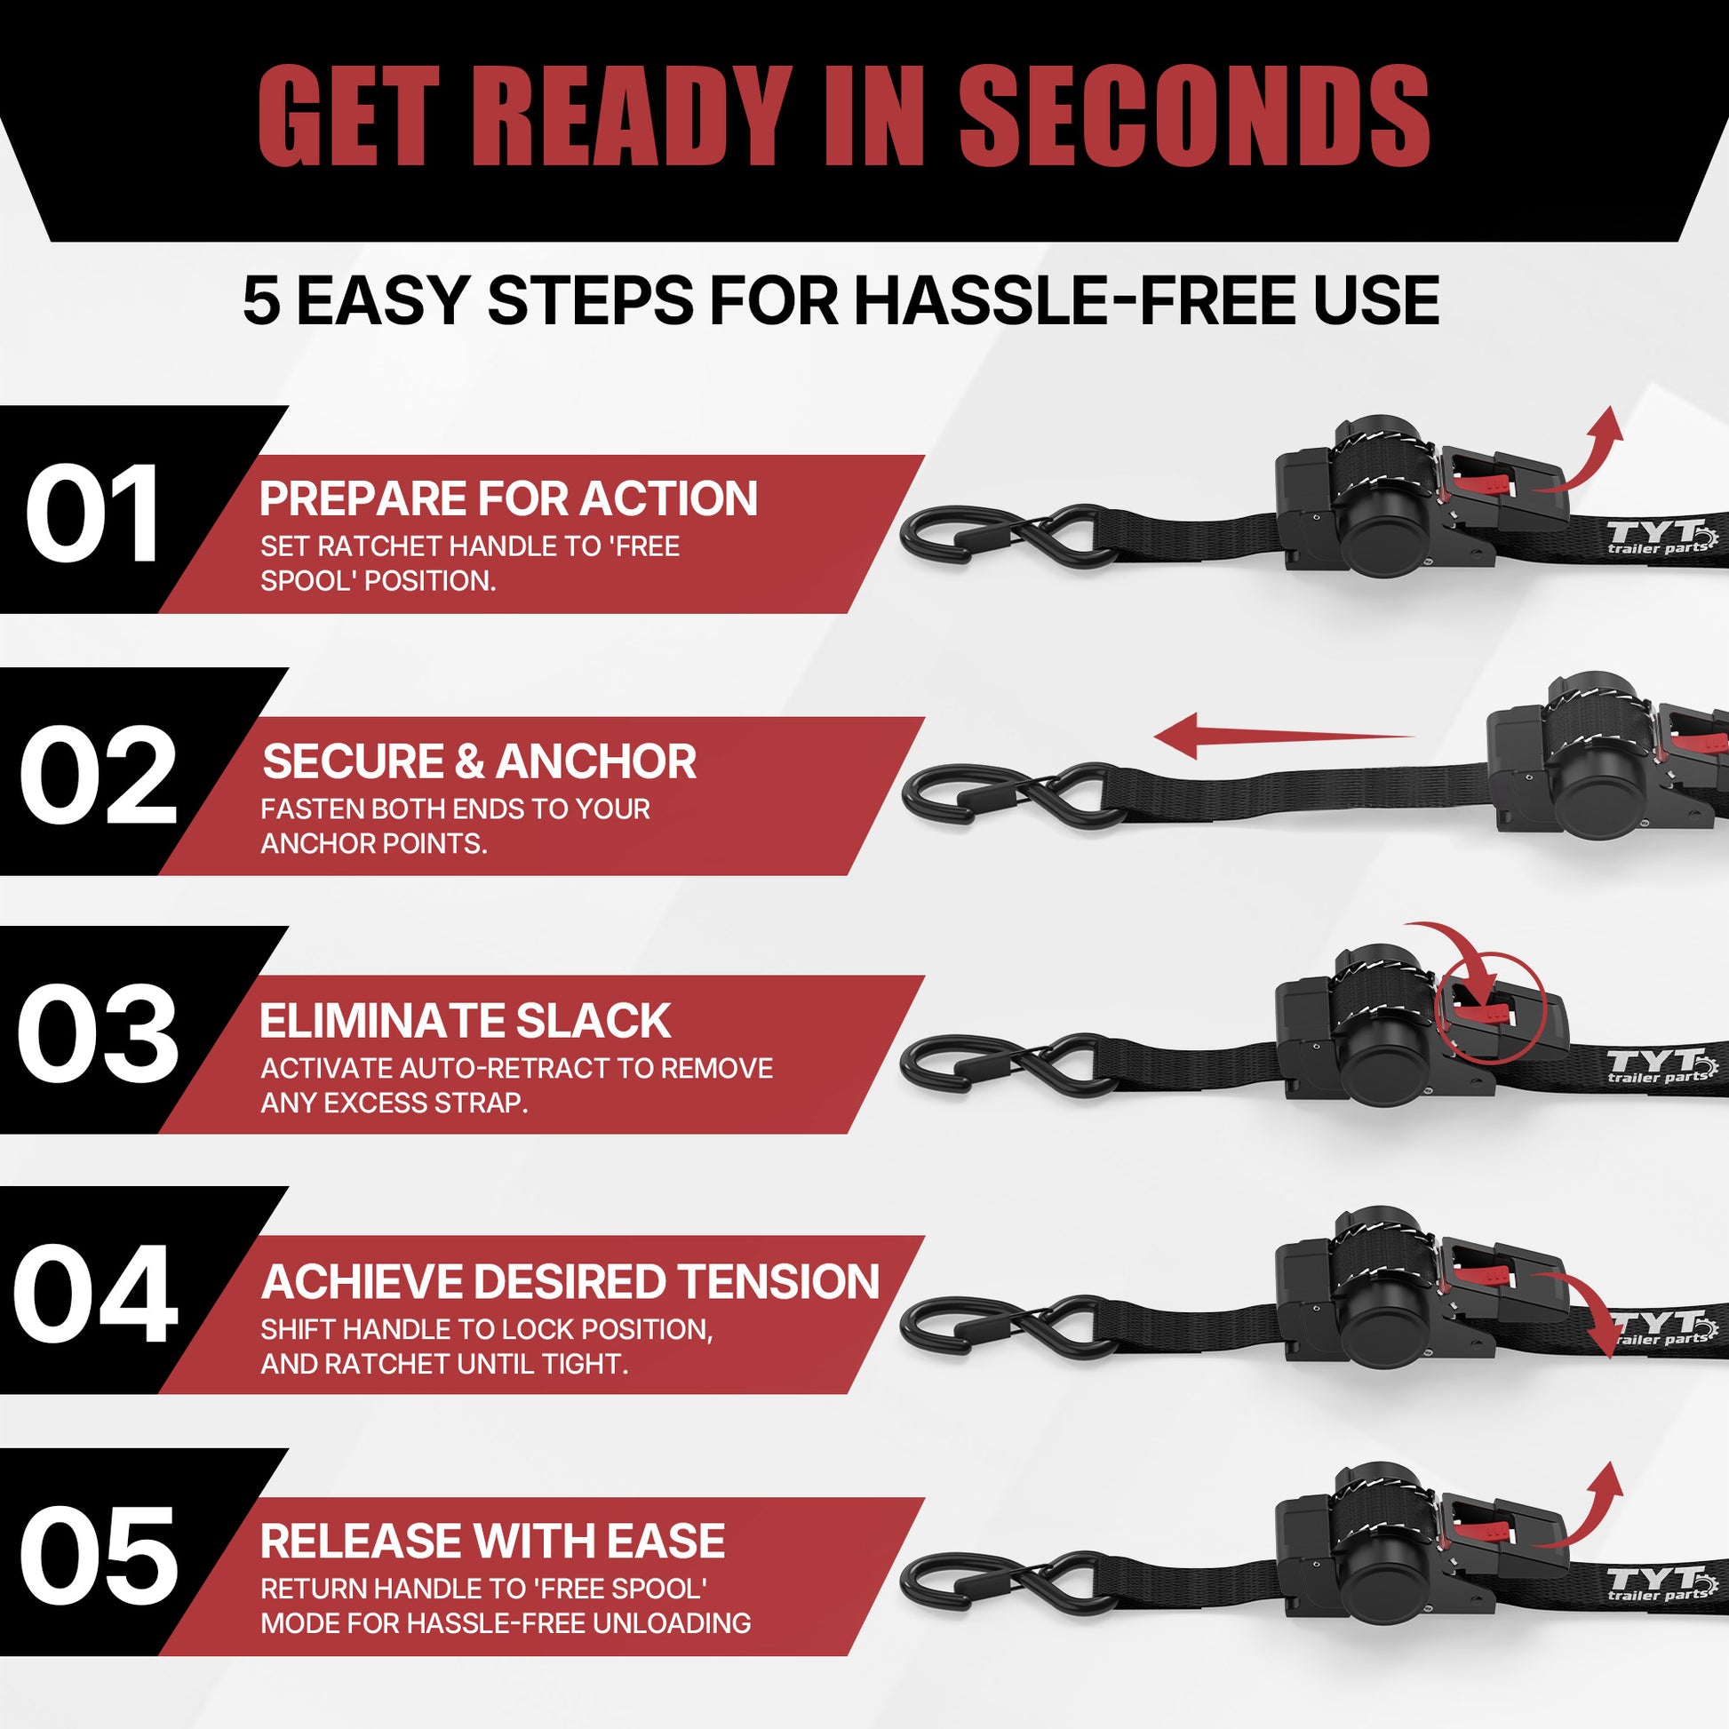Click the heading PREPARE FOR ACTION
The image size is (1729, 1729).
(x=508, y=498)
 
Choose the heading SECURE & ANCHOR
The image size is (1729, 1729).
(x=479, y=761)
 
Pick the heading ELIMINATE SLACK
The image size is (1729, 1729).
(x=466, y=1021)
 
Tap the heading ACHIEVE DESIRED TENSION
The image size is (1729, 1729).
(x=570, y=1281)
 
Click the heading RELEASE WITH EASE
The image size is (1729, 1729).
(x=492, y=1540)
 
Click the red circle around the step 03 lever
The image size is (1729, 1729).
(x=1490, y=1008)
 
